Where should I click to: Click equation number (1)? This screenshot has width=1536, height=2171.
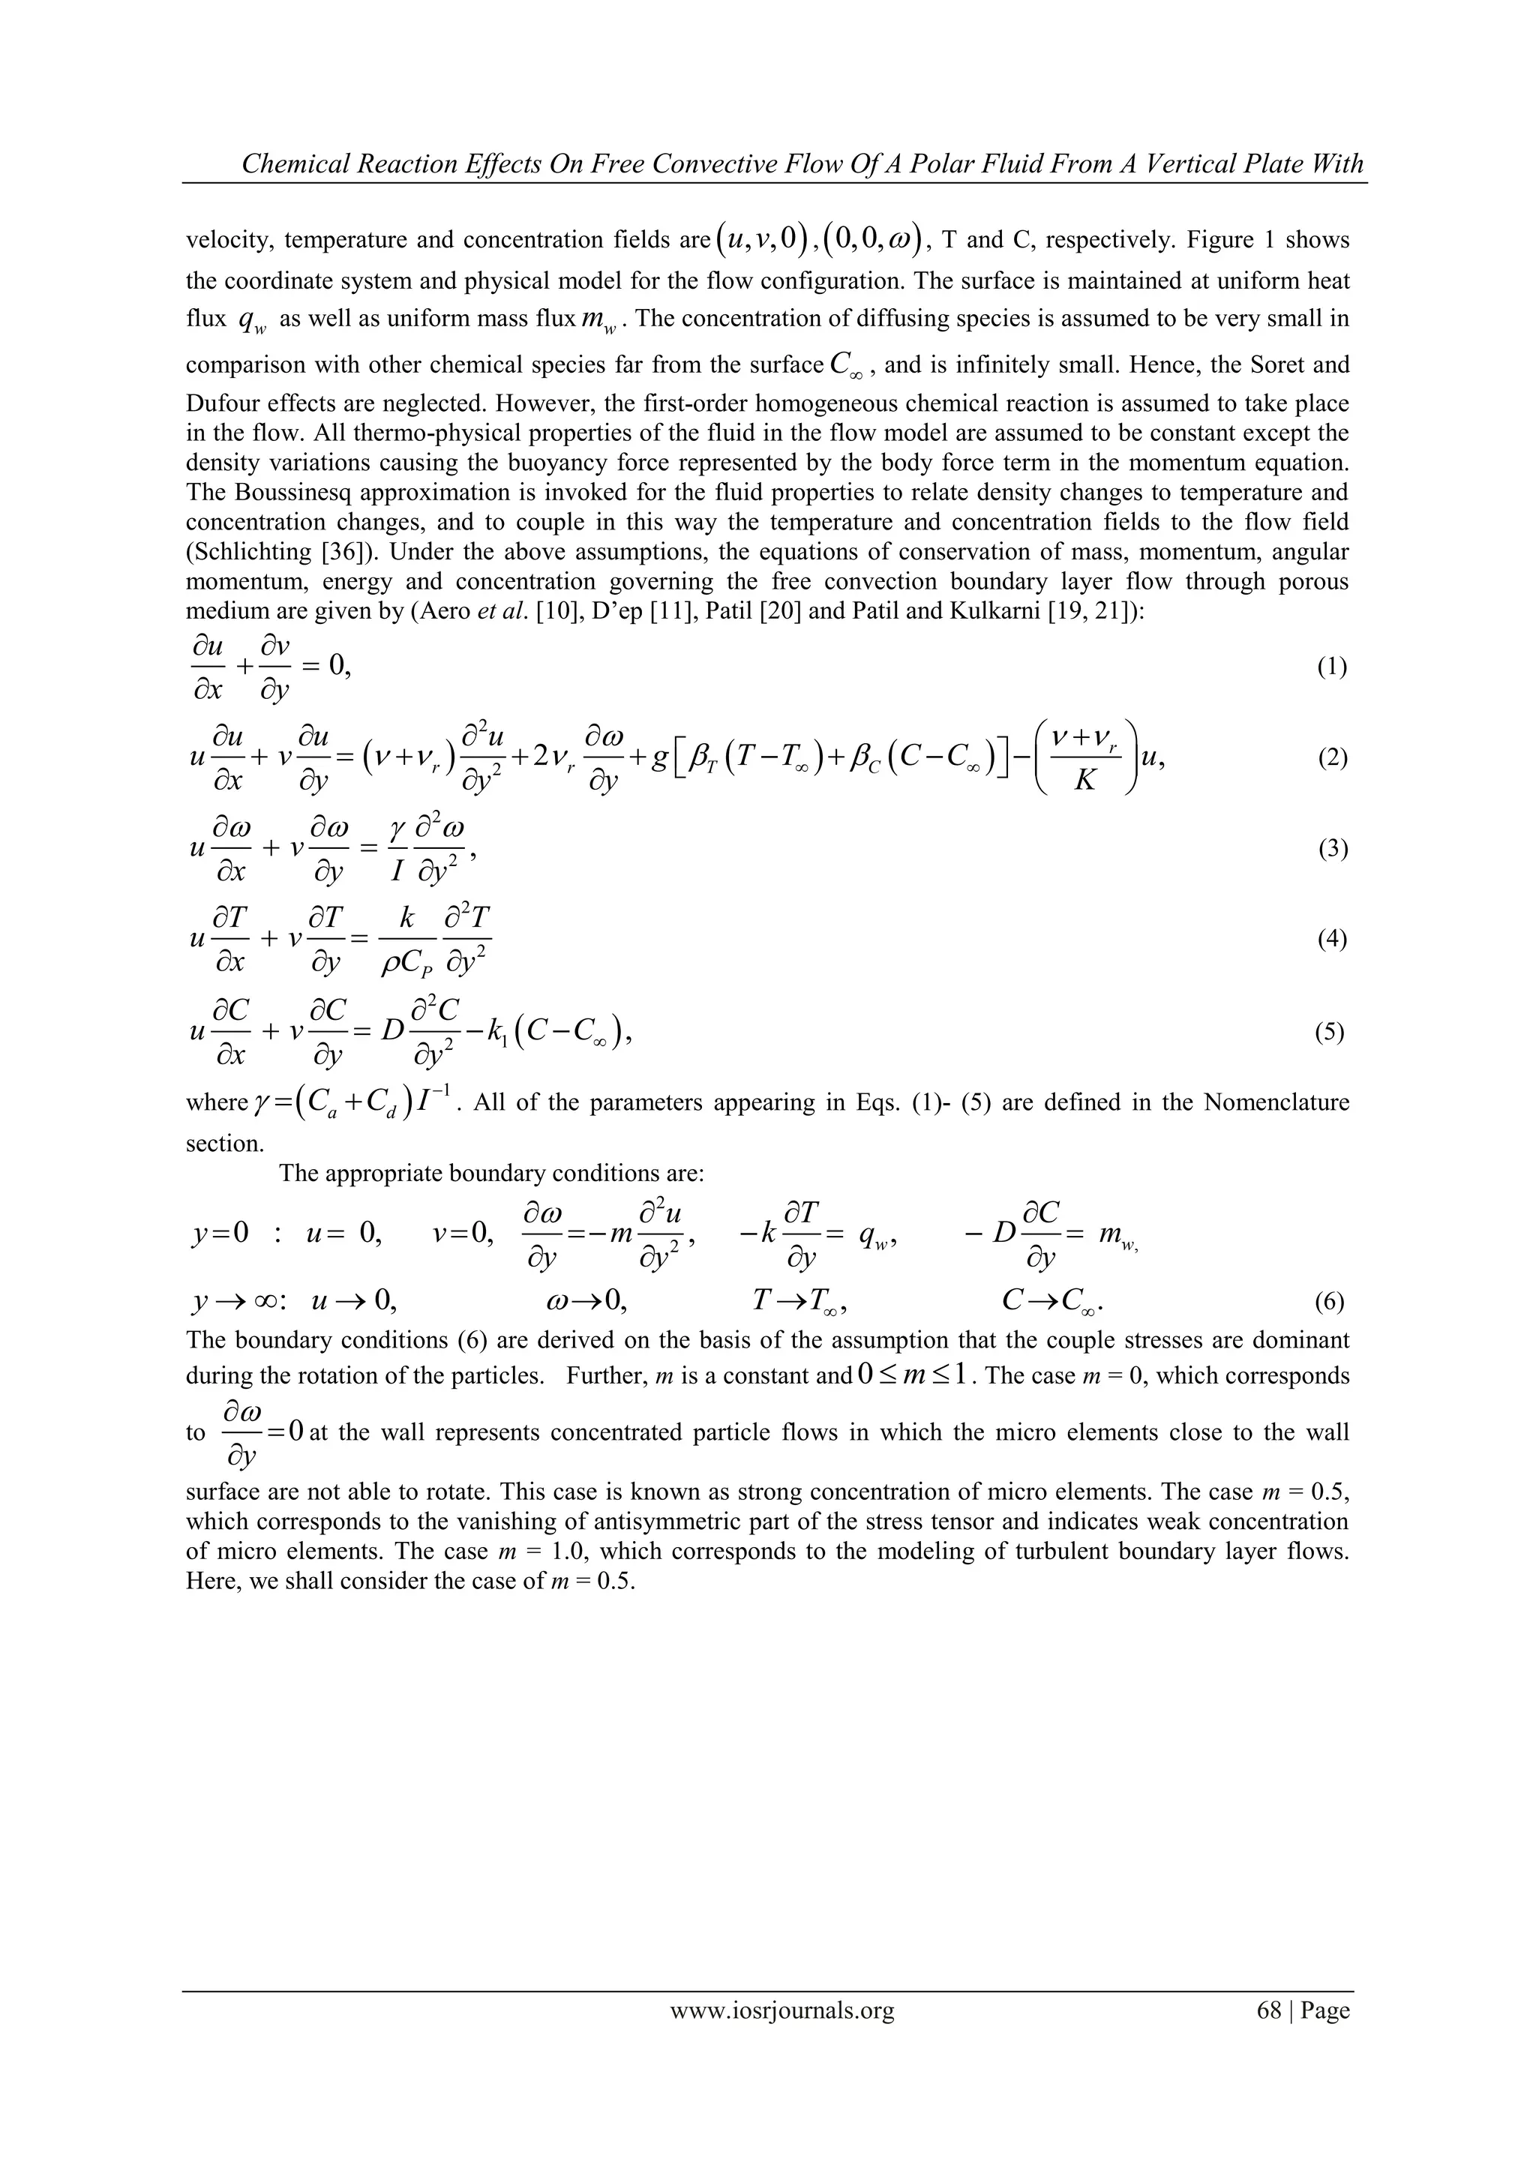(1332, 667)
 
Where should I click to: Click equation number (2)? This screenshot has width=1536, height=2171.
(1332, 758)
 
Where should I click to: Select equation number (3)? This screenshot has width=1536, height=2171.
(1332, 849)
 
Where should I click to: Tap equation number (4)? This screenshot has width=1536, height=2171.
(1332, 939)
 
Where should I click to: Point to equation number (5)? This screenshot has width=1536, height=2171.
(1330, 1032)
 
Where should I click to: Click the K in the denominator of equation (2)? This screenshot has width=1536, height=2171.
(1084, 783)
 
